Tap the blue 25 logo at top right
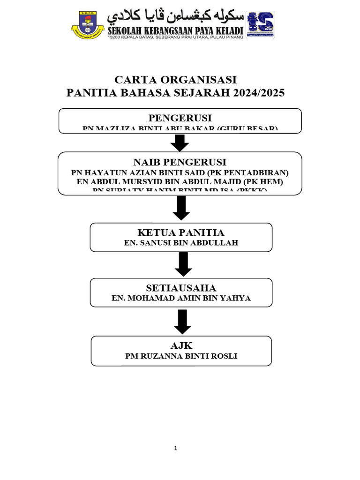(x=260, y=24)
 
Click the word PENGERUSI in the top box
(x=180, y=117)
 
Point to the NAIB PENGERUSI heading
(x=180, y=162)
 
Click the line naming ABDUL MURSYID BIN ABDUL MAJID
(x=180, y=181)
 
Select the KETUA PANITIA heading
(x=181, y=232)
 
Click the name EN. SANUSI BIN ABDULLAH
(x=181, y=243)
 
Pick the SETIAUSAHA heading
(x=181, y=287)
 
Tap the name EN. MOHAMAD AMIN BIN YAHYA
(x=181, y=298)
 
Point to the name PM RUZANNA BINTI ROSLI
(x=181, y=356)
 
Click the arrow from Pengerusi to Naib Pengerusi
(x=180, y=142)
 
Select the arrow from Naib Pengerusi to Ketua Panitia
(x=181, y=208)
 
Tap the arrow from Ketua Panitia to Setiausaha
(x=183, y=264)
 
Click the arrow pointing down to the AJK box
(x=182, y=322)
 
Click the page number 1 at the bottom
(x=176, y=448)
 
